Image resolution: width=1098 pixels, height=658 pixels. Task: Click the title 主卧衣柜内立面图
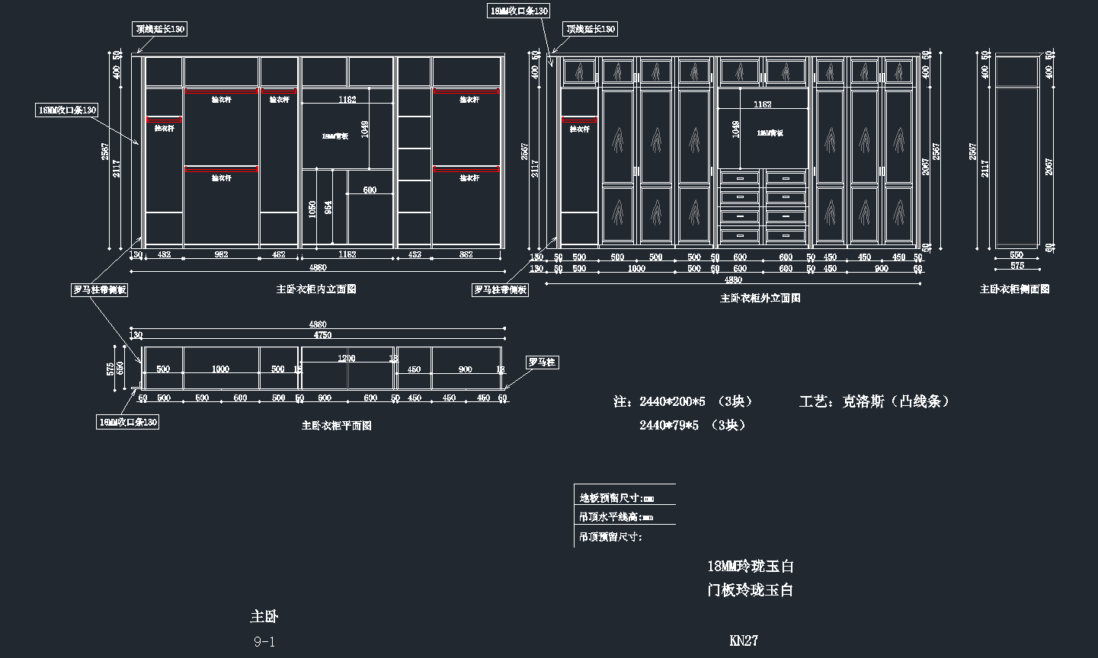point(316,289)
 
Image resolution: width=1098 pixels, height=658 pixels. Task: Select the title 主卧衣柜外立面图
point(760,299)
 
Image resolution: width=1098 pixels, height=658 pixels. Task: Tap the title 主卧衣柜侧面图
point(1014,289)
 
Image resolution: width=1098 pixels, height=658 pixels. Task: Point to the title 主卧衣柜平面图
point(337,426)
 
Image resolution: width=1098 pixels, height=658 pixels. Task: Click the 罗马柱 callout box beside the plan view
point(542,363)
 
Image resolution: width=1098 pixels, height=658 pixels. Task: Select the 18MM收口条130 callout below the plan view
point(127,422)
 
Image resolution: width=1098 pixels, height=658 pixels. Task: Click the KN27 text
point(744,640)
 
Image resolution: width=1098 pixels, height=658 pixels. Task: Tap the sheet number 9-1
point(264,642)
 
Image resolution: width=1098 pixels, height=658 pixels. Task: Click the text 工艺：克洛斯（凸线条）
point(875,401)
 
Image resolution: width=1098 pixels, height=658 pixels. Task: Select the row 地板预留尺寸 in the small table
point(616,498)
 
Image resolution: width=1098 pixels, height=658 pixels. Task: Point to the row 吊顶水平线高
point(616,517)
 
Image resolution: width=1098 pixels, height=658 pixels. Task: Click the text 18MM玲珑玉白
point(751,566)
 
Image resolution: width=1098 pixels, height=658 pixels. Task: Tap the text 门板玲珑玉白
point(751,589)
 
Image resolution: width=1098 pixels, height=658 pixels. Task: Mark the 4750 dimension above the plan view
point(323,335)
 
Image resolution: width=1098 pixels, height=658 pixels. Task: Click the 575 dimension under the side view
point(1016,266)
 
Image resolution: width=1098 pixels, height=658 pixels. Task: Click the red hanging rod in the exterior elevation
point(579,120)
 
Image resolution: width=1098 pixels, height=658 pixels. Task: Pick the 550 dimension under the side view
point(1016,255)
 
